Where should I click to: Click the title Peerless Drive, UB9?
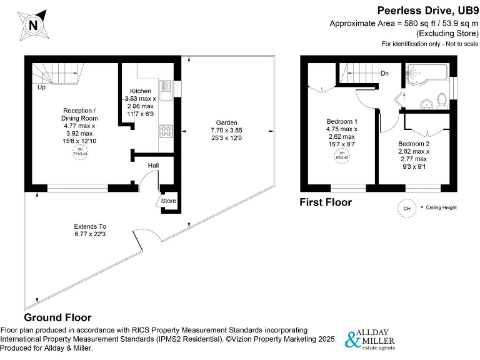(x=426, y=10)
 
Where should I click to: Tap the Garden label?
(x=226, y=122)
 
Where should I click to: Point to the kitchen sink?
(x=166, y=94)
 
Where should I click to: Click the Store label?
(x=169, y=201)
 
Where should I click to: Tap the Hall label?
(x=153, y=166)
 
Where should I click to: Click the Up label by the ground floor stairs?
(x=41, y=87)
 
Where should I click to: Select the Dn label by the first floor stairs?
(x=384, y=73)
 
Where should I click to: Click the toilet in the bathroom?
(x=442, y=99)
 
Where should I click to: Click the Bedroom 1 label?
(x=342, y=121)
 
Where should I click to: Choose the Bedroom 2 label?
(x=414, y=144)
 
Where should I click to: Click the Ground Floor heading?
(x=57, y=317)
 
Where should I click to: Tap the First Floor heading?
(x=325, y=202)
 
